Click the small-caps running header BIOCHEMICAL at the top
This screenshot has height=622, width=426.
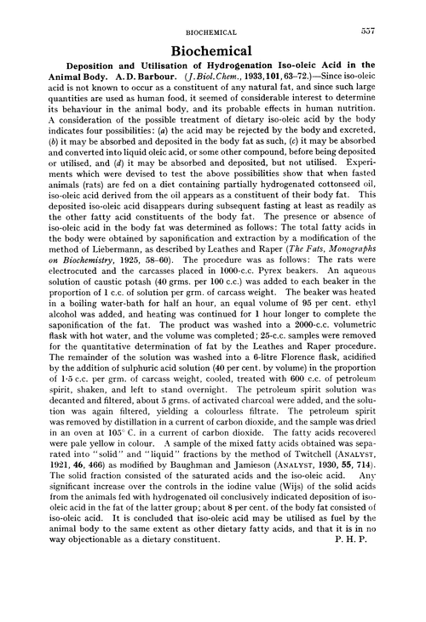213,33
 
